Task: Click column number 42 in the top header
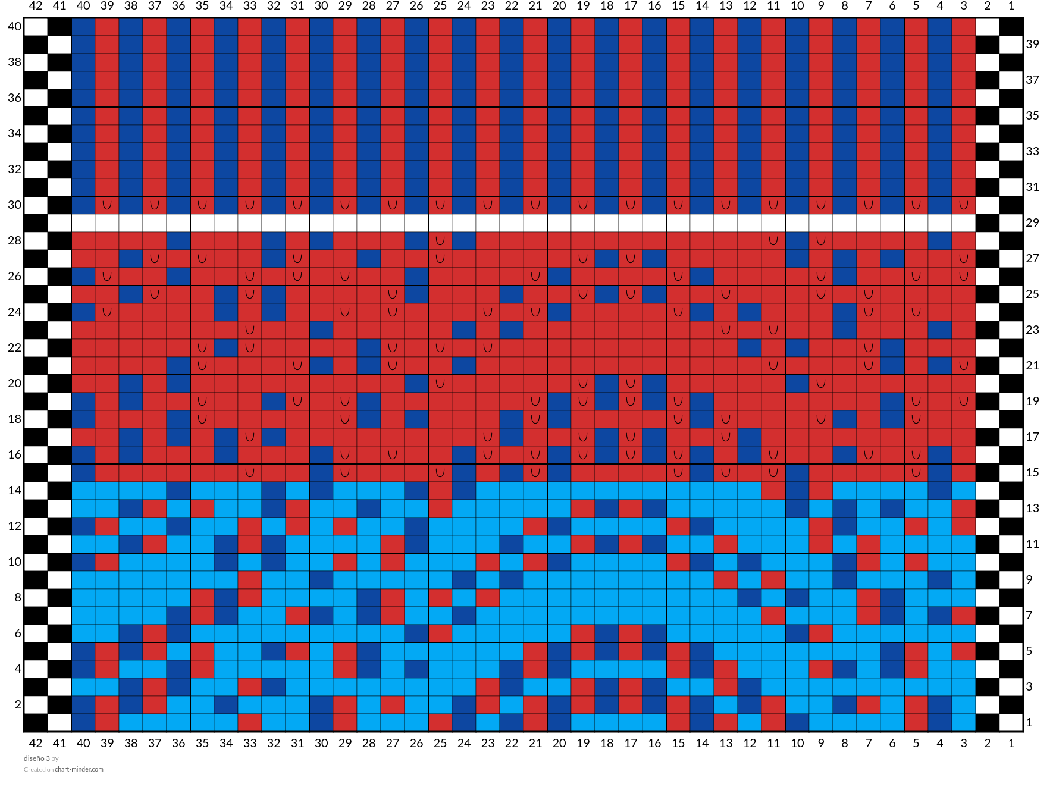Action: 36,6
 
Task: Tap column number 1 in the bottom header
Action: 1011,742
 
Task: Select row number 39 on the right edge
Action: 1033,44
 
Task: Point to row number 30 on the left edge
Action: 14,205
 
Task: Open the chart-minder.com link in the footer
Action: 79,769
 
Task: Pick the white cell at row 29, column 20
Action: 559,223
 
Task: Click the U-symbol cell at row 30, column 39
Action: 107,205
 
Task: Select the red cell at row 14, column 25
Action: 440,491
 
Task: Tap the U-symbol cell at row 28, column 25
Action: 440,241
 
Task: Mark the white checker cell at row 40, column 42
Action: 36,27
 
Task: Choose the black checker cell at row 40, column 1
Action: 1011,27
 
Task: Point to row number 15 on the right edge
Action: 1033,472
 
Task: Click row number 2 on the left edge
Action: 18,704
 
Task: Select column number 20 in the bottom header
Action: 559,742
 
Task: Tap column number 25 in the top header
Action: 440,6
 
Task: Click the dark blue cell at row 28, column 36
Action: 178,241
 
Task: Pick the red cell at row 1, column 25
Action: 440,723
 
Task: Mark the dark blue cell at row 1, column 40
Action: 83,723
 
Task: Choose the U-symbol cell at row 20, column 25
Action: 440,384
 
